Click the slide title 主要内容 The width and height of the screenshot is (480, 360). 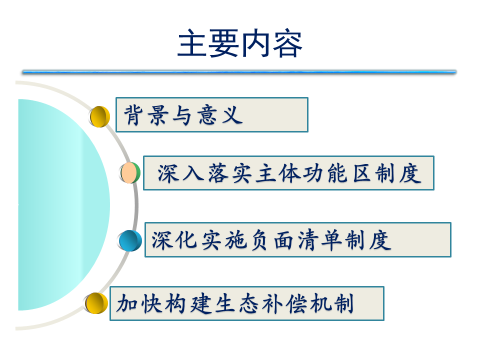(240, 43)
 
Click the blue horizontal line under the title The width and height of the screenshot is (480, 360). (239, 72)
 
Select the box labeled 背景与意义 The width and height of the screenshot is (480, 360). (212, 115)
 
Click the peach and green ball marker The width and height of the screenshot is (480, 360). (130, 172)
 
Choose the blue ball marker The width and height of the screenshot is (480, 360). (129, 240)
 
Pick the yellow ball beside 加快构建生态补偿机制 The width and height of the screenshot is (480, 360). (96, 303)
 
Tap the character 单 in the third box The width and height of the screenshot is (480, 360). (331, 239)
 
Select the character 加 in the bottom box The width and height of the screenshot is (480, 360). (126, 303)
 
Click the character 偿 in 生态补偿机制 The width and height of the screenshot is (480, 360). (296, 303)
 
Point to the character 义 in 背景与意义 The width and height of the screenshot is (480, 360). (232, 115)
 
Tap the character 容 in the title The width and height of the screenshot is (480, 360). (287, 43)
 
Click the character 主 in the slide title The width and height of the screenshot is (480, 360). (192, 43)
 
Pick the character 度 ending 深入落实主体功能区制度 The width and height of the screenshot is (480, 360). (410, 173)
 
